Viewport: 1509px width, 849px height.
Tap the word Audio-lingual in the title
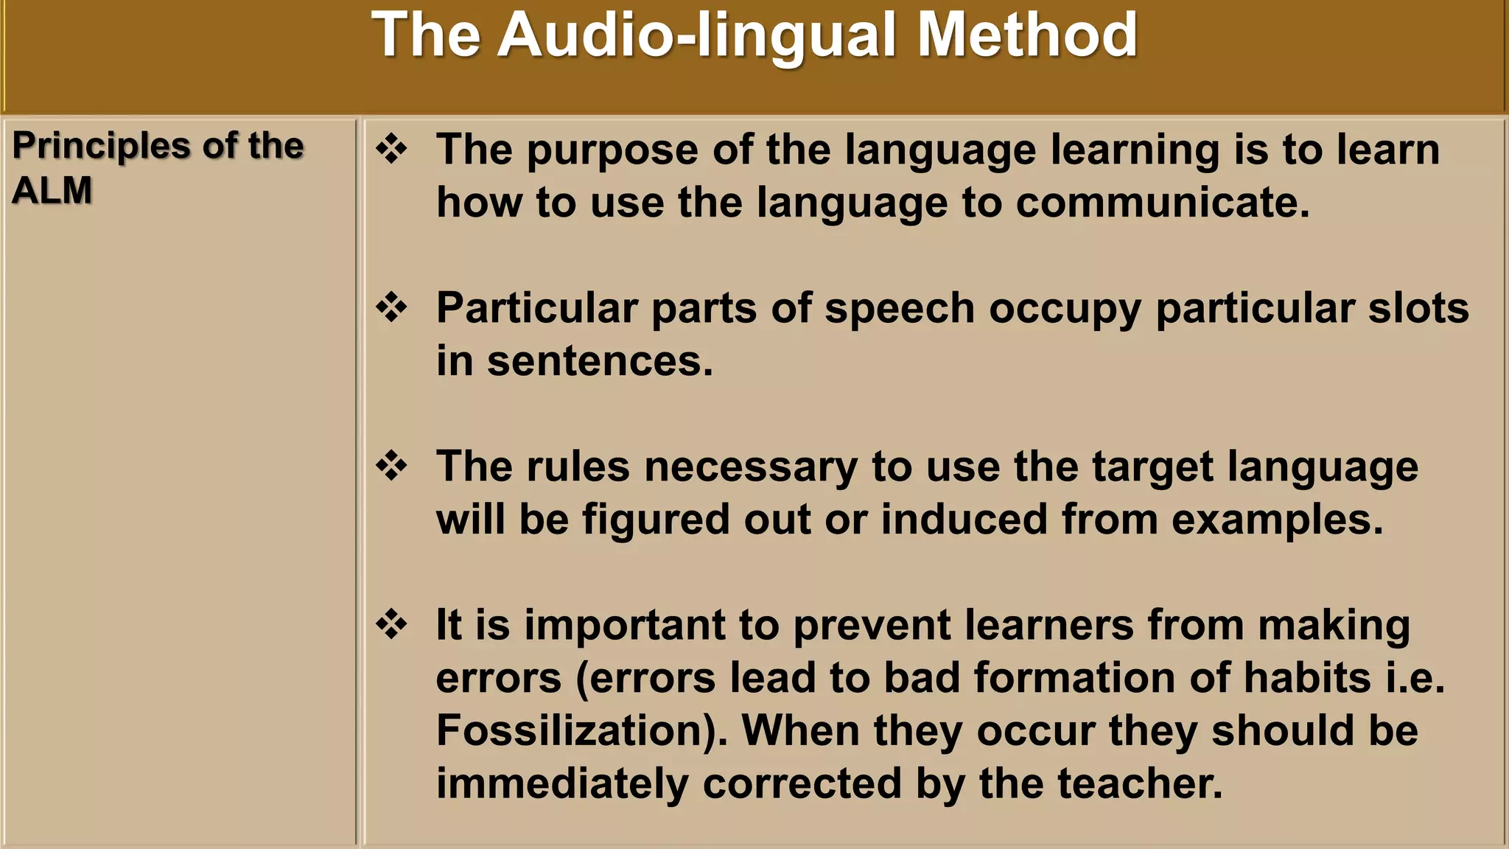[697, 35]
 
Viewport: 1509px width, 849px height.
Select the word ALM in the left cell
[52, 190]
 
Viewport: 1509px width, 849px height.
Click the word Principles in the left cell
[103, 146]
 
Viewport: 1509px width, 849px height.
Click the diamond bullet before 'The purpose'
[391, 150]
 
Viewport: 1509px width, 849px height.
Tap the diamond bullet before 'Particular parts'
[391, 307]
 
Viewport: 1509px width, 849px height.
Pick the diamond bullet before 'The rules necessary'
[391, 466]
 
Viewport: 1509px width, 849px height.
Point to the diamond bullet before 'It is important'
[391, 624]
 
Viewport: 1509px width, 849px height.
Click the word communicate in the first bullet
[1162, 203]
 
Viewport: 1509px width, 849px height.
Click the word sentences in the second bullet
[599, 361]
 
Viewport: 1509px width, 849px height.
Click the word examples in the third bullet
[1277, 520]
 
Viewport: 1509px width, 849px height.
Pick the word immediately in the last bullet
[561, 783]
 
